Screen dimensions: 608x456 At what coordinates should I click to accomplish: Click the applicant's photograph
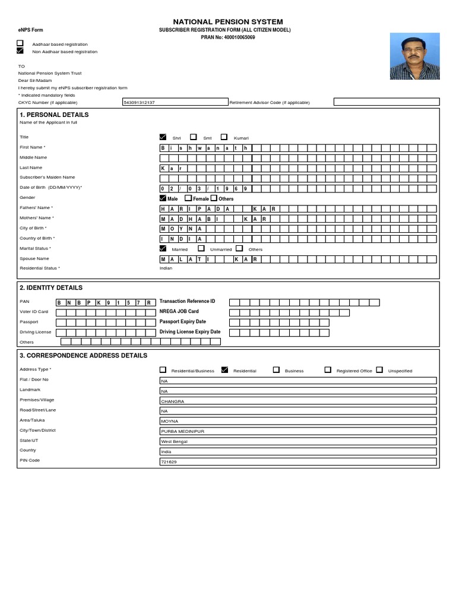click(415, 56)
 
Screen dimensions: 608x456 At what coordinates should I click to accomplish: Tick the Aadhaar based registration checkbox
click(20, 43)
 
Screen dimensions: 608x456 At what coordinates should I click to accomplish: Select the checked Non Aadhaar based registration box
click(20, 51)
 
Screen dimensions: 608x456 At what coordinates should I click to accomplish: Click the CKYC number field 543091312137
click(175, 102)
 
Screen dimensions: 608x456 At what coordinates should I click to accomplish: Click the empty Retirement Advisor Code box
click(385, 102)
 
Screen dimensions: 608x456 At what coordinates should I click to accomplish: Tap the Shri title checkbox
click(163, 137)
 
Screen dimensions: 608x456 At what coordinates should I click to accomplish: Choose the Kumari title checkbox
click(224, 137)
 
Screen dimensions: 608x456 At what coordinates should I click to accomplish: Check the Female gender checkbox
click(188, 198)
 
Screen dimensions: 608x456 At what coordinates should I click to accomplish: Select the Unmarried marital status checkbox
click(201, 249)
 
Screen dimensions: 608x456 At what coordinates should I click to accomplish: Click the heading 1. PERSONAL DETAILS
click(54, 115)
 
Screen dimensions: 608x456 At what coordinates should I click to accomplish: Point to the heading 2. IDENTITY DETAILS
click(51, 288)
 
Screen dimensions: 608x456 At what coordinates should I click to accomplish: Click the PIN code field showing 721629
click(298, 461)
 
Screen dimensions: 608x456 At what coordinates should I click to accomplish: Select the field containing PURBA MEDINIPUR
click(298, 431)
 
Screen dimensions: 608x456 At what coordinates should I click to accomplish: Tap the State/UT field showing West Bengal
click(298, 441)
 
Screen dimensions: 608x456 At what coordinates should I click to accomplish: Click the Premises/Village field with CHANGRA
click(298, 401)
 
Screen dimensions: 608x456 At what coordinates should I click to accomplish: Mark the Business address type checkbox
click(276, 369)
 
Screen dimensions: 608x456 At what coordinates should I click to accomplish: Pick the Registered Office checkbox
click(328, 369)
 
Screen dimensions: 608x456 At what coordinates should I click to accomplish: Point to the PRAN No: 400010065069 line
click(228, 37)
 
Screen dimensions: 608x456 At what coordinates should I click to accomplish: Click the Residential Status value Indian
click(166, 268)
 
